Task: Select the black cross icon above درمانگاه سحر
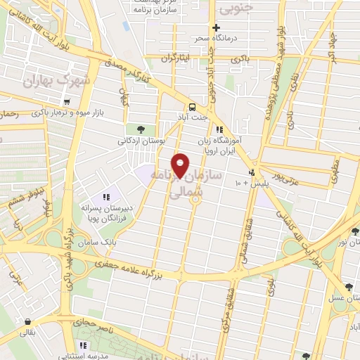click(217, 27)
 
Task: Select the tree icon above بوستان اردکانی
click(141, 129)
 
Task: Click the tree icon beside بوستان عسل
click(349, 287)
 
